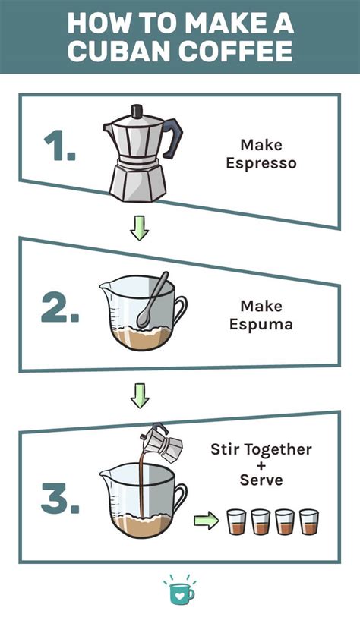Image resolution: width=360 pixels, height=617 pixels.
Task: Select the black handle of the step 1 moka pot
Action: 174,134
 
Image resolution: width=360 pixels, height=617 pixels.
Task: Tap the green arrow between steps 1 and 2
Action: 138,228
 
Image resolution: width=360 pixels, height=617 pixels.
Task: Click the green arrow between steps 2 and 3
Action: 138,394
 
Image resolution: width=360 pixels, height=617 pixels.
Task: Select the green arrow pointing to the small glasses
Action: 206,521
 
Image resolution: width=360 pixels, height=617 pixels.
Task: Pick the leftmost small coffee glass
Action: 235,521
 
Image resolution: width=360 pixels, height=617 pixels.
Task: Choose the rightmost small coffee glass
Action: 307,521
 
